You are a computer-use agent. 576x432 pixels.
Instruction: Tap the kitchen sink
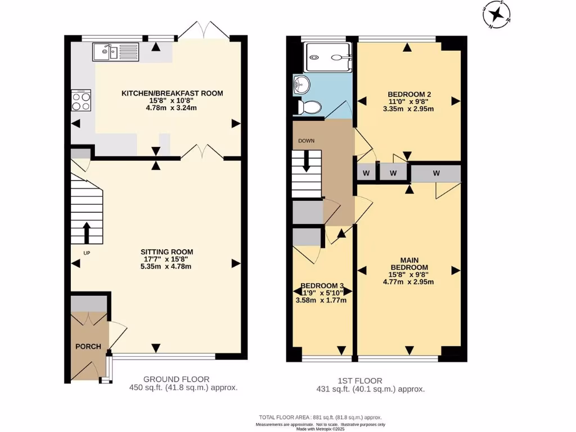pyautogui.click(x=116, y=52)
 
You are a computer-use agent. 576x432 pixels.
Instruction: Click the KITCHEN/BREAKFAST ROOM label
pyautogui.click(x=173, y=93)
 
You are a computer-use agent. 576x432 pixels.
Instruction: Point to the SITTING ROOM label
pyautogui.click(x=167, y=252)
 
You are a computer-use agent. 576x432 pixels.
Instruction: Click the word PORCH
pyautogui.click(x=88, y=346)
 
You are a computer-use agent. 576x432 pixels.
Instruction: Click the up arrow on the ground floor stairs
pyautogui.click(x=87, y=231)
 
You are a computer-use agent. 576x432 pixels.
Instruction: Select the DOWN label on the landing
pyautogui.click(x=307, y=141)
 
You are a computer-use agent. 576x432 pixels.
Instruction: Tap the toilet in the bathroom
pyautogui.click(x=311, y=106)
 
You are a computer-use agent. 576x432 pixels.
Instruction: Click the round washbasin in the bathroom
pyautogui.click(x=301, y=85)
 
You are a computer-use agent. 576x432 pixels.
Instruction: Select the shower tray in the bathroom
pyautogui.click(x=328, y=57)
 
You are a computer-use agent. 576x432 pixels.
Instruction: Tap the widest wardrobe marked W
pyautogui.click(x=436, y=173)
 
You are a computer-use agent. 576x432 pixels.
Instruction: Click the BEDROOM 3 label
pyautogui.click(x=322, y=285)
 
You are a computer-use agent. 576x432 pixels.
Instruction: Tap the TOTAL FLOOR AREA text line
pyautogui.click(x=319, y=417)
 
